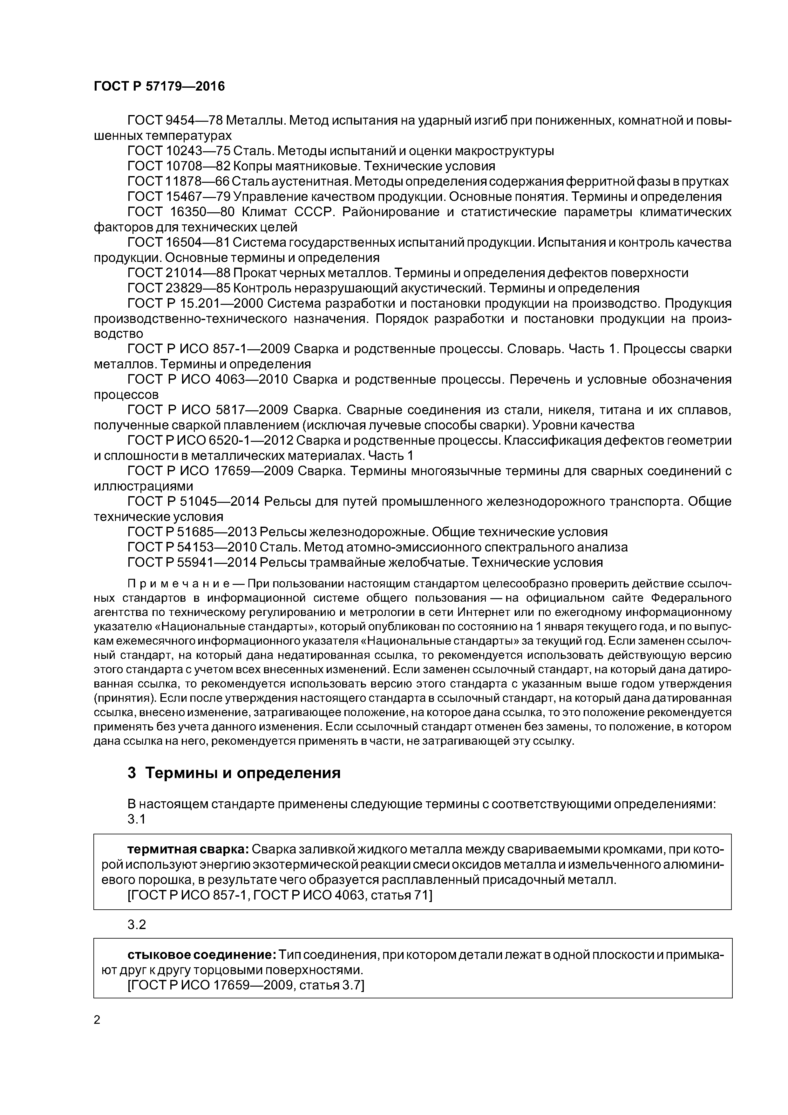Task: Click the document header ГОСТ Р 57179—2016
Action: (159, 86)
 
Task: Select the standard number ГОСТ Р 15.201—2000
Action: (195, 304)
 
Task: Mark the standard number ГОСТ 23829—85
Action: (178, 288)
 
